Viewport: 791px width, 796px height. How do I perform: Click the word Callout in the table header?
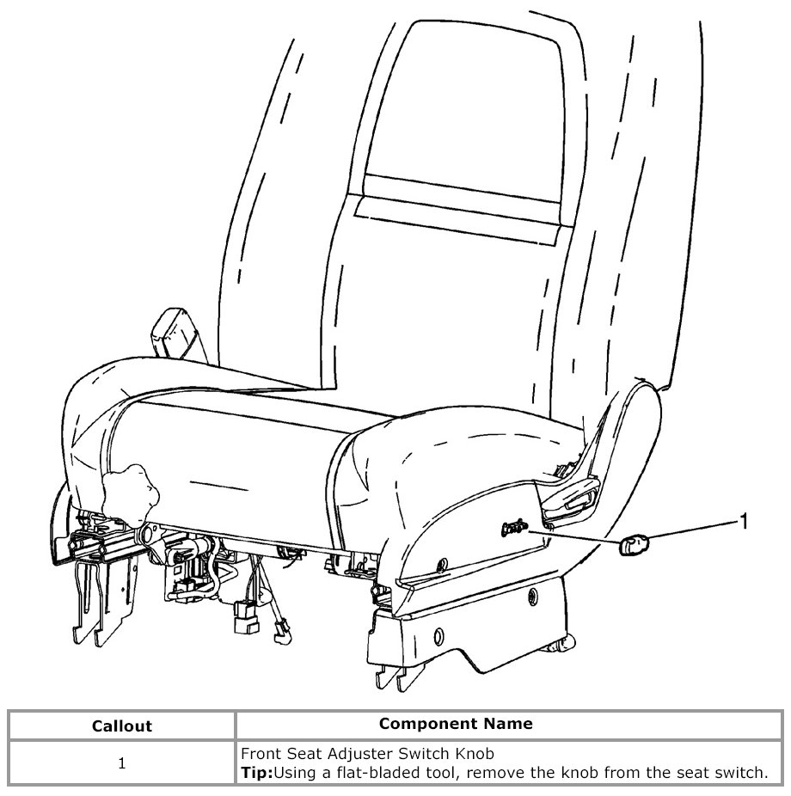click(121, 726)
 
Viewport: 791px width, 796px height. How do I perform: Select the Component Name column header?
click(456, 723)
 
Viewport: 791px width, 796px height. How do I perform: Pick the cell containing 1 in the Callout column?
click(121, 762)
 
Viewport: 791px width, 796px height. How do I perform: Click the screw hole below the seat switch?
click(443, 564)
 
